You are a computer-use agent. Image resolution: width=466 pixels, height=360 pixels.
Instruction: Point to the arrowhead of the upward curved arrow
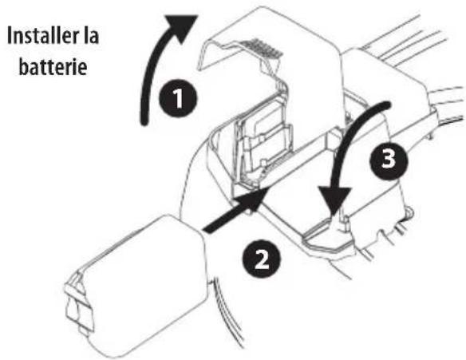pyautogui.click(x=183, y=25)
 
